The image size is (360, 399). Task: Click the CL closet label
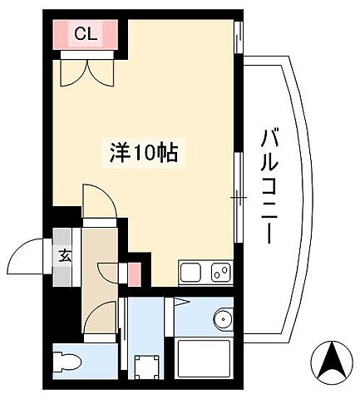click(x=86, y=34)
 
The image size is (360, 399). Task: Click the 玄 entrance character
click(x=65, y=255)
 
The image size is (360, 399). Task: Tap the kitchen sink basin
click(x=190, y=272)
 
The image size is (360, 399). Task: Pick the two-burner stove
click(x=219, y=272)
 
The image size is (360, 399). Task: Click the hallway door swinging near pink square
click(x=108, y=274)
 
